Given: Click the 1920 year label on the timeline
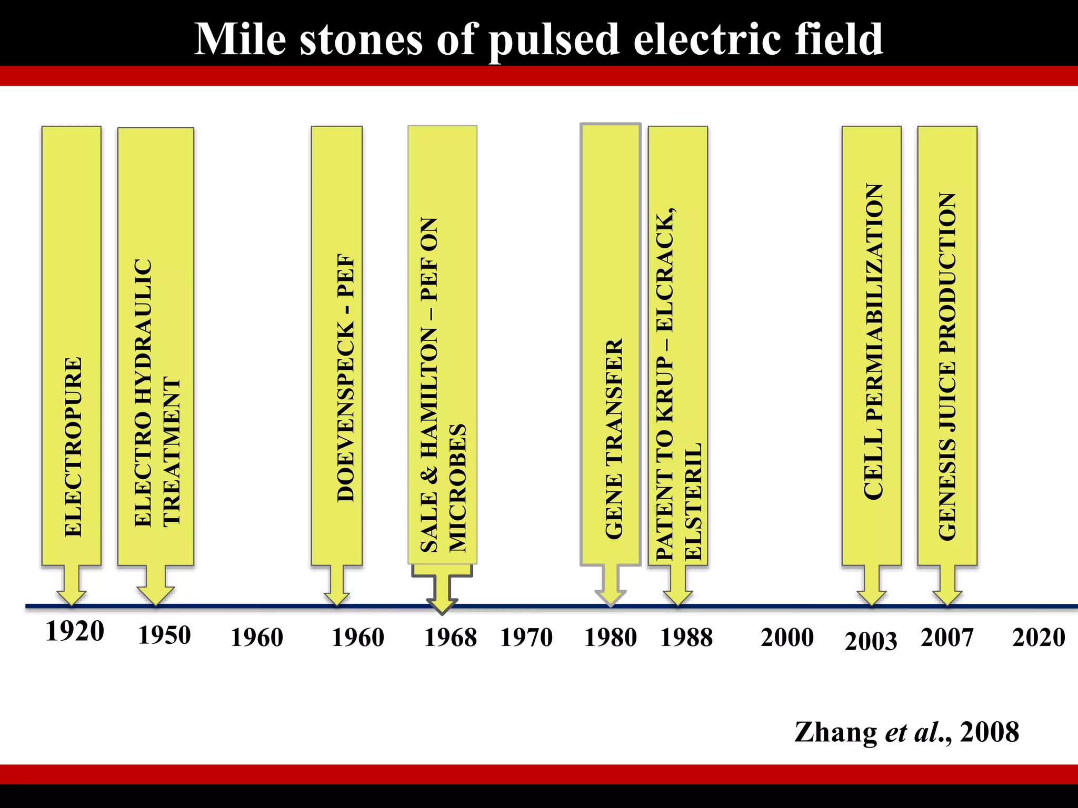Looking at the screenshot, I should [x=75, y=631].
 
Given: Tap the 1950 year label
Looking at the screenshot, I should [x=164, y=635].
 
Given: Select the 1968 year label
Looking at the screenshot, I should [x=451, y=638].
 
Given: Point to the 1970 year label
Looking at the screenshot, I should [x=526, y=638].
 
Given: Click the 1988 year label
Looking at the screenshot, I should [x=686, y=638].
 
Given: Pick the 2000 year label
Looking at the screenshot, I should [x=787, y=637].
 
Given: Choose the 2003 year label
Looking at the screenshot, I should [x=871, y=641].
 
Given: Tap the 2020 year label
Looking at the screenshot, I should [x=1039, y=637].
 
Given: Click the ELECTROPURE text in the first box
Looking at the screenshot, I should [x=73, y=447].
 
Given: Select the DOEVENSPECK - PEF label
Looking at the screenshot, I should [x=346, y=378].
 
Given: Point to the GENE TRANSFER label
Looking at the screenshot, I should [x=614, y=439].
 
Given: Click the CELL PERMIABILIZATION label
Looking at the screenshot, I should [x=873, y=341].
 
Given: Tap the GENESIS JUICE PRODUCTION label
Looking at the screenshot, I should [x=947, y=366].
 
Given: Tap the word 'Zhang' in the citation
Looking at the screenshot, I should [x=836, y=732].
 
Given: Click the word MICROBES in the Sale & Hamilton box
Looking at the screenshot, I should [x=457, y=488].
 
